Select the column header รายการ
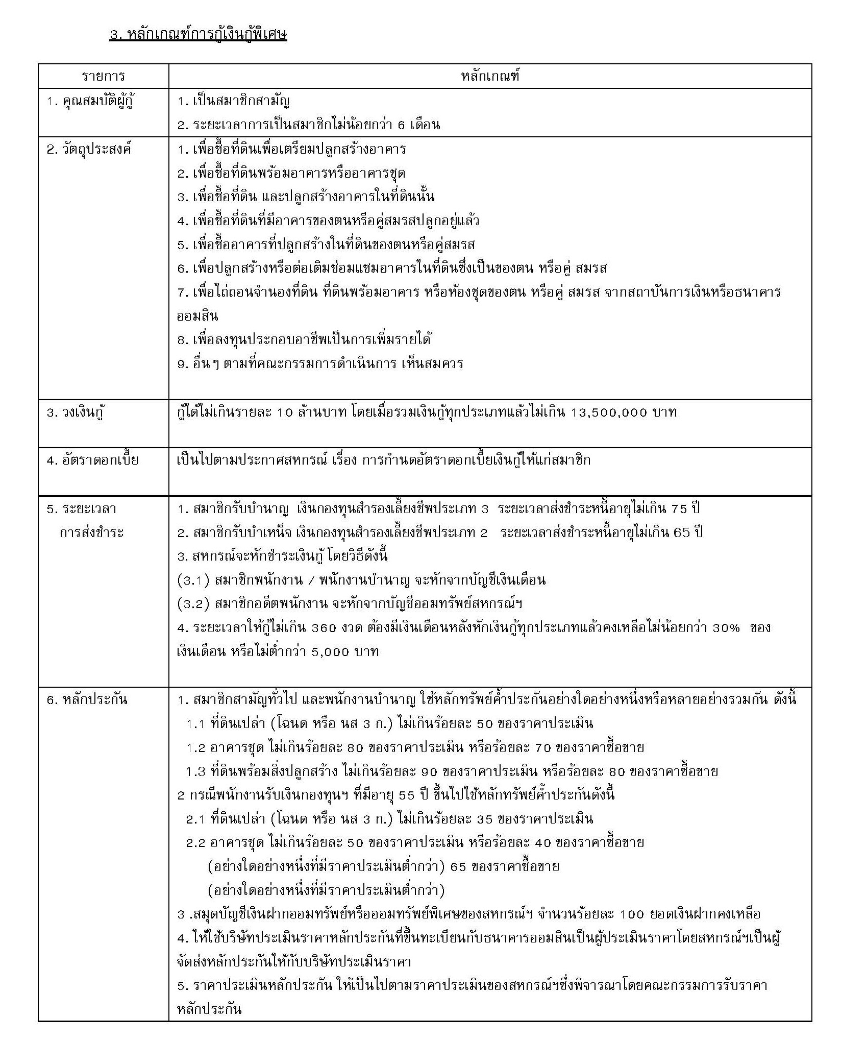pos(103,77)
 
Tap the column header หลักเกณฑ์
pos(490,77)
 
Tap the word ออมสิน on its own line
pos(197,317)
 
